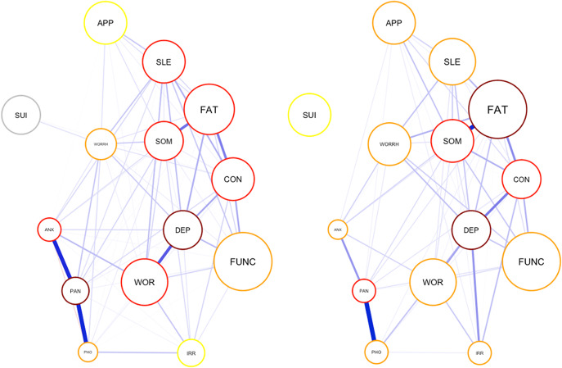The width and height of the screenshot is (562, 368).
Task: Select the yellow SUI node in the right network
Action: (309, 115)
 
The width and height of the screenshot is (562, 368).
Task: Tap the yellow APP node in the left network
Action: (106, 23)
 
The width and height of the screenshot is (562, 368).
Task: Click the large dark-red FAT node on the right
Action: (497, 109)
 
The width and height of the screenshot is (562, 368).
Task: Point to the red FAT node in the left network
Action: (209, 109)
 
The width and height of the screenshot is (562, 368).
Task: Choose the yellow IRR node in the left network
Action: (191, 353)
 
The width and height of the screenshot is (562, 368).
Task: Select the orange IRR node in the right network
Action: (479, 353)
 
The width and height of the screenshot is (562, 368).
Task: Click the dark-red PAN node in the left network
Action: (75, 290)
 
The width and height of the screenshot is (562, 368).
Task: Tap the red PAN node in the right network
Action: (365, 290)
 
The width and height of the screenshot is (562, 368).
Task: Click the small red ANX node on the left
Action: (49, 229)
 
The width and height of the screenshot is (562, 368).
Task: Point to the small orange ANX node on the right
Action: (337, 229)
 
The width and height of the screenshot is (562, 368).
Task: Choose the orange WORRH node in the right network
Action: (389, 145)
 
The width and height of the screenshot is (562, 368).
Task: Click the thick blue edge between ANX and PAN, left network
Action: (62, 260)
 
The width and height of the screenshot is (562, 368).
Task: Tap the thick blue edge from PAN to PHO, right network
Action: (371, 321)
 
